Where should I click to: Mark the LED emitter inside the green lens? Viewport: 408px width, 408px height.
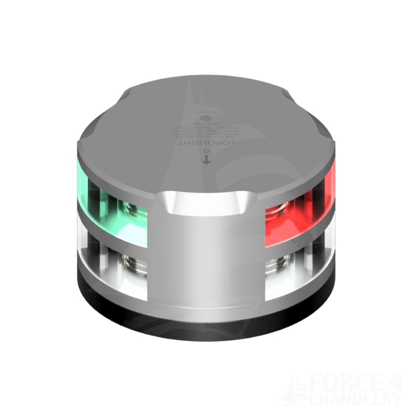[131, 206]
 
